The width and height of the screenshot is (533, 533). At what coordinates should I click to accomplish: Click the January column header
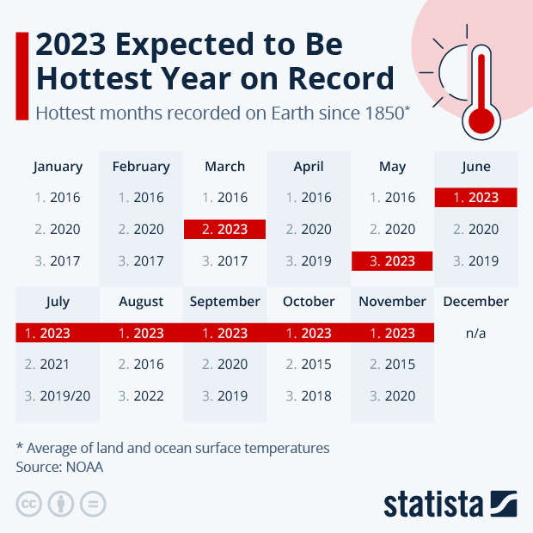coord(58,167)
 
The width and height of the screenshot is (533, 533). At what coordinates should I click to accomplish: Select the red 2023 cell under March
coord(225,230)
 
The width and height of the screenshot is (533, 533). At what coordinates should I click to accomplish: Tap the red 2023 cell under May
coord(392,261)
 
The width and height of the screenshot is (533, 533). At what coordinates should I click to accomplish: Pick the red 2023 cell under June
coord(475,198)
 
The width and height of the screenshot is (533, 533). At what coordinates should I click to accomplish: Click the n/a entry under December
coord(475,333)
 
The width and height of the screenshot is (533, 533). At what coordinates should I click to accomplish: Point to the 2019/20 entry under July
coord(58,396)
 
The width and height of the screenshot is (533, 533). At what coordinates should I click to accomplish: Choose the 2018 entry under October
coord(309,396)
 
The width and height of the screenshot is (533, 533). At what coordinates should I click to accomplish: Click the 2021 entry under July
coord(58,365)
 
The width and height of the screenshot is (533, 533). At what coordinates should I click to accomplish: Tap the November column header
coord(392,302)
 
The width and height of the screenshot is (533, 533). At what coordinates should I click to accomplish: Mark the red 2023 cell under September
coord(225,333)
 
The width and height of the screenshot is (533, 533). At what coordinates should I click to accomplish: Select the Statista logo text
coord(434,504)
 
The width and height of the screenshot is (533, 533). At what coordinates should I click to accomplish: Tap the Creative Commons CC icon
coord(29,504)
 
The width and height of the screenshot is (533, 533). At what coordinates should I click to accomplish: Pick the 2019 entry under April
coord(309,261)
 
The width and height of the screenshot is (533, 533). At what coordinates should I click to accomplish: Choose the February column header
coord(141,167)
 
